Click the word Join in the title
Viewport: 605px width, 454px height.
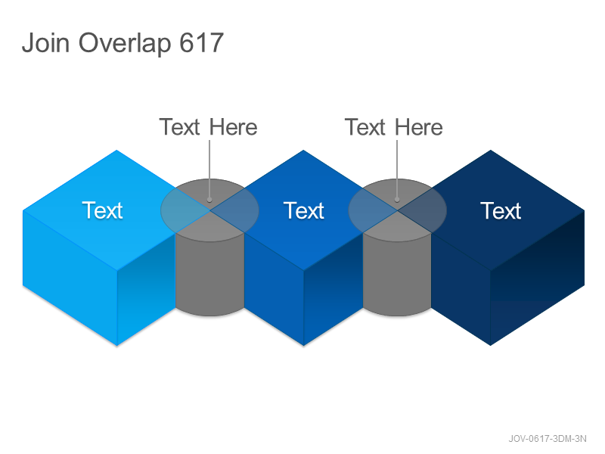46,42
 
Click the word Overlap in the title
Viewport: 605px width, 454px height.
125,44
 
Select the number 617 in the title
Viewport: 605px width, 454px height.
202,42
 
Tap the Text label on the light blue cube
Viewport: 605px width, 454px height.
102,210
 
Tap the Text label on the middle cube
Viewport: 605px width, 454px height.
304,210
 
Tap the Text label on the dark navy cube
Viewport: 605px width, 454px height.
501,210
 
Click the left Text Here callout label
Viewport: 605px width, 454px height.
209,127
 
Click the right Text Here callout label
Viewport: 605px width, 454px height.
393,127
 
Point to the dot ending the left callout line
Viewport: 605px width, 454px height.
209,200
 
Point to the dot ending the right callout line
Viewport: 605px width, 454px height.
397,200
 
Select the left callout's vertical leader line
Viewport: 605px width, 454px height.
209,169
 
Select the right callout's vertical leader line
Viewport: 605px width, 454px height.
397,169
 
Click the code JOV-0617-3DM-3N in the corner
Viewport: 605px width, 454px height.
548,439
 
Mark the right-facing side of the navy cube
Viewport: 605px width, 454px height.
538,278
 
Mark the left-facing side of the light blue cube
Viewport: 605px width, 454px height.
70,278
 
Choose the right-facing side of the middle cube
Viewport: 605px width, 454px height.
334,290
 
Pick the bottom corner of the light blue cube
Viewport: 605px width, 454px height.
117,345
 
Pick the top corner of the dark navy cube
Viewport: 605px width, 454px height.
490,151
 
